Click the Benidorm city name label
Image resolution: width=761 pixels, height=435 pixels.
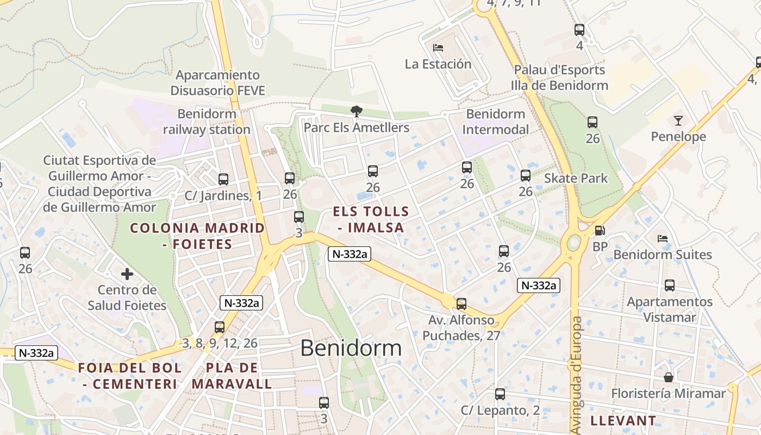pos(351,348)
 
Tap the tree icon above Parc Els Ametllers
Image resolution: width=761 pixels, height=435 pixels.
pos(356,111)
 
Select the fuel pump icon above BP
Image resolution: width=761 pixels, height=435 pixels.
pos(600,231)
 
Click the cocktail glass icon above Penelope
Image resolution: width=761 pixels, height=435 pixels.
pos(678,121)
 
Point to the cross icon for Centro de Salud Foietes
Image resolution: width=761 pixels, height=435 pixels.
pos(127,274)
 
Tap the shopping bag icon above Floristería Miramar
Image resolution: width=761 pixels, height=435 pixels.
pos(669,377)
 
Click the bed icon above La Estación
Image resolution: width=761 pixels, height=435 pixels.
pos(438,48)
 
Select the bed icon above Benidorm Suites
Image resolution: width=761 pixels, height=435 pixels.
pos(662,238)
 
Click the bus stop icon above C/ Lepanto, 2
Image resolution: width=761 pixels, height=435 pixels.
pos(500,394)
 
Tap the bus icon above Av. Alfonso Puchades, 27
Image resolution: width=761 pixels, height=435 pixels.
pos(461,304)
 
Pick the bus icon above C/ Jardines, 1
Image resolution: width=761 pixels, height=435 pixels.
pos(223,179)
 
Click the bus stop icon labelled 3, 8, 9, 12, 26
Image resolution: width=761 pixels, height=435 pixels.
pos(220,327)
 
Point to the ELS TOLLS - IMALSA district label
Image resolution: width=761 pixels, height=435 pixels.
pos(371,220)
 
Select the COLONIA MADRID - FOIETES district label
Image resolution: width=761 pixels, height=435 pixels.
pos(197,236)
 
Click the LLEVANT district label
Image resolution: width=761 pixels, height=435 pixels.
pos(623,420)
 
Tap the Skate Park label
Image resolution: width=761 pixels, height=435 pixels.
pos(576,178)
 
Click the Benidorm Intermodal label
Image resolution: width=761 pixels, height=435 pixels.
pos(496,122)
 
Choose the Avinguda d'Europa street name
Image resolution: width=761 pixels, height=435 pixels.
pos(576,375)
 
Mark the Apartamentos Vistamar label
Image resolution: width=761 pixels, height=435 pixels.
pos(670,309)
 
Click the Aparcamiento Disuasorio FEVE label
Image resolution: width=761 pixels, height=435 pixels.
pos(217,83)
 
